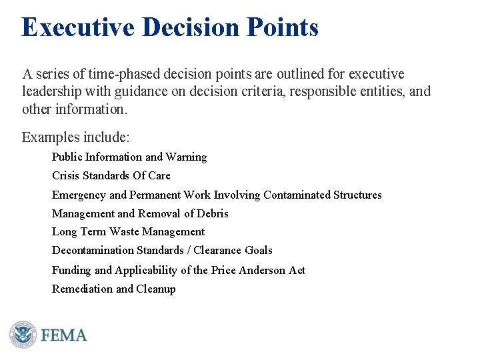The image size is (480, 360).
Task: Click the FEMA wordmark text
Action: coord(64,335)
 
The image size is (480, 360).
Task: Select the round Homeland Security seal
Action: coord(22,334)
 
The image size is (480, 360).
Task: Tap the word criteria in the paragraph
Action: coord(250,91)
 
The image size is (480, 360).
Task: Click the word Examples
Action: coord(51,138)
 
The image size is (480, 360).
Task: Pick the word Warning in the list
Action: coord(186,157)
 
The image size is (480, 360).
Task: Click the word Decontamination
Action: coord(93,251)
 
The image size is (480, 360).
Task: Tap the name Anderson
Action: coord(262,271)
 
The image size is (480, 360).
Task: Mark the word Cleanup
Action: coord(156,289)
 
